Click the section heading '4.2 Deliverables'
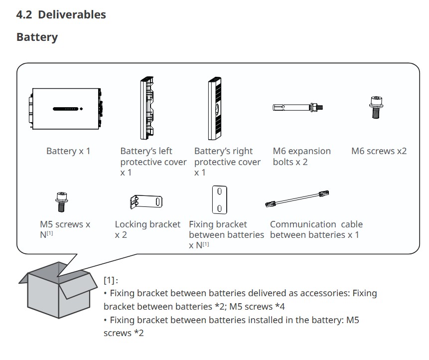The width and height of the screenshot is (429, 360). pyautogui.click(x=61, y=14)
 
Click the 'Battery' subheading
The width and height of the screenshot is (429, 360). pyautogui.click(x=37, y=37)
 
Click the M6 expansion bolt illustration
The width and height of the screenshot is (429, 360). pyautogui.click(x=296, y=107)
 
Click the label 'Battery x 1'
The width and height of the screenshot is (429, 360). pyautogui.click(x=68, y=151)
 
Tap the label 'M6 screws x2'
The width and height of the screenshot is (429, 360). pyautogui.click(x=379, y=151)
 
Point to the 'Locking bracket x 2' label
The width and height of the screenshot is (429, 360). pyautogui.click(x=147, y=229)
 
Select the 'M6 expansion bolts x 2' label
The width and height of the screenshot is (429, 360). pyautogui.click(x=301, y=157)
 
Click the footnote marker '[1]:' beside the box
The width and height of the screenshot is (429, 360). pyautogui.click(x=111, y=280)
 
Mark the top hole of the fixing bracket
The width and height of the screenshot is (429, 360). pyautogui.click(x=219, y=192)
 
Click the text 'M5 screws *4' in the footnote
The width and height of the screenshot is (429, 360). pyautogui.click(x=257, y=306)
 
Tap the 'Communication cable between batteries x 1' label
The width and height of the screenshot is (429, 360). pyautogui.click(x=316, y=229)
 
